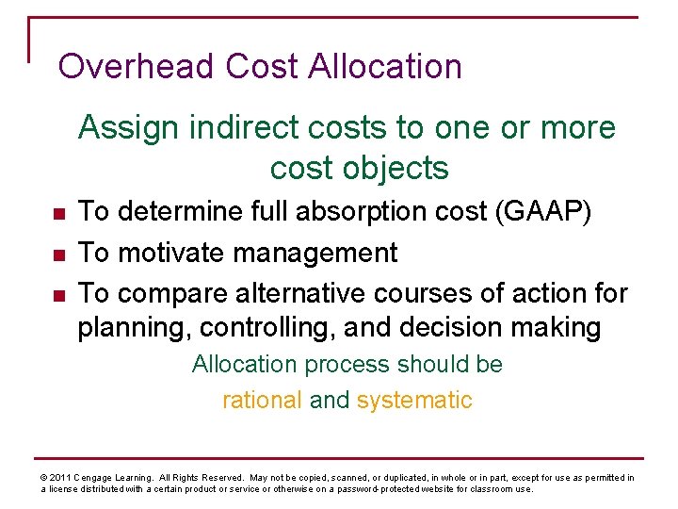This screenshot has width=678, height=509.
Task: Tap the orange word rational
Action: tap(262, 400)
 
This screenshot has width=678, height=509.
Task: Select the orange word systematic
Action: tap(414, 400)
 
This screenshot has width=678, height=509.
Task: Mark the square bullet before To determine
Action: tap(58, 213)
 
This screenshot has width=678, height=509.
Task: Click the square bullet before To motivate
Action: tap(58, 254)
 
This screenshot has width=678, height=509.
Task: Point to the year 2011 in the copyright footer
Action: tap(59, 478)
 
